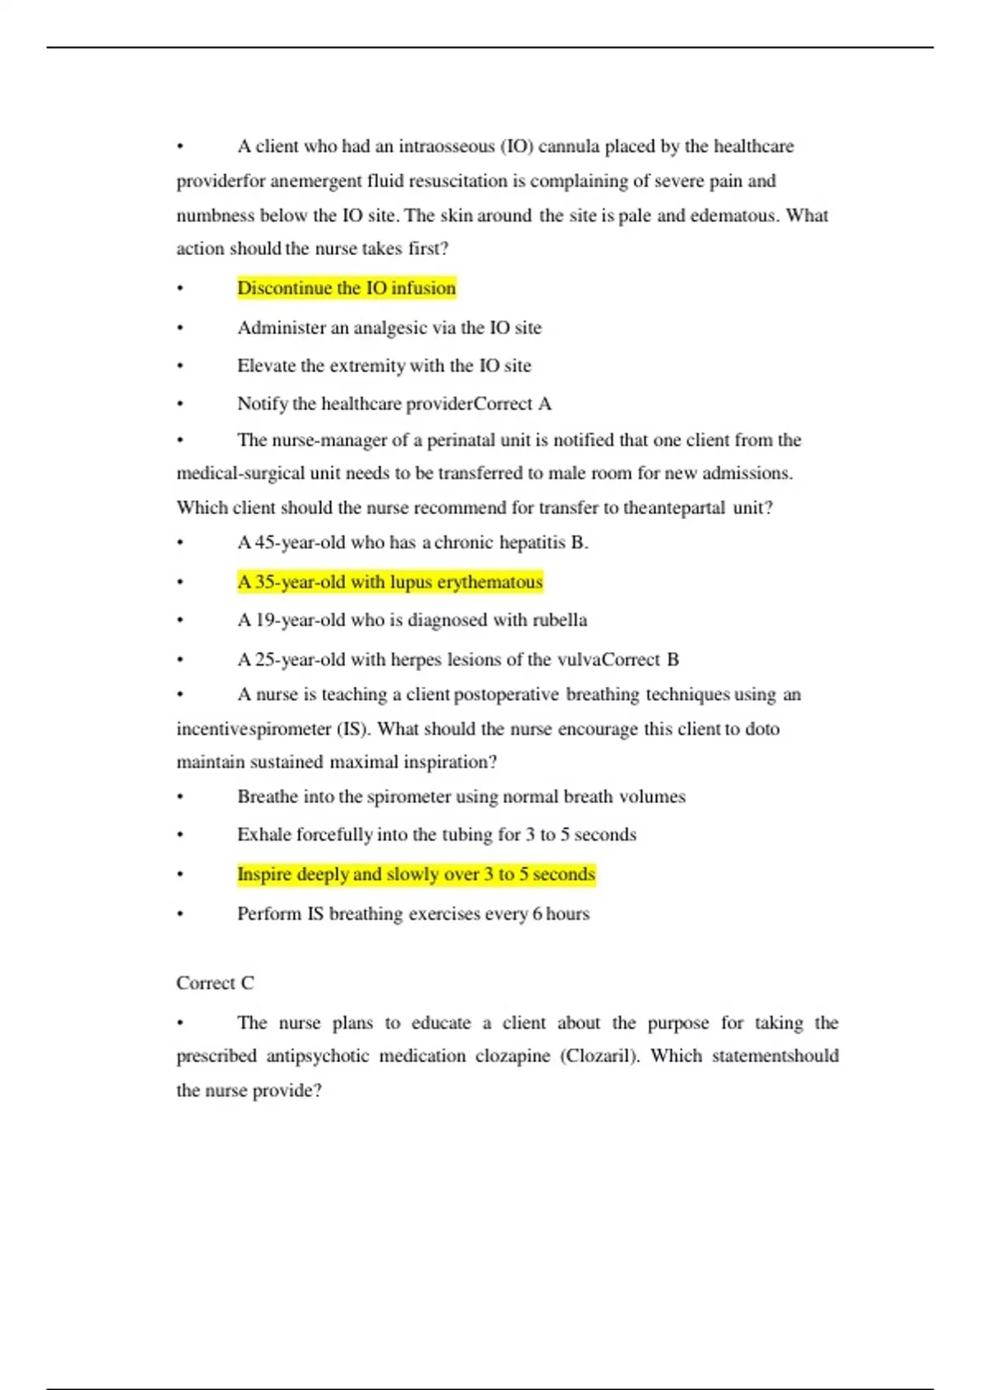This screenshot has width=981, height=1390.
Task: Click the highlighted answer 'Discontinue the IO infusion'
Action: click(x=346, y=288)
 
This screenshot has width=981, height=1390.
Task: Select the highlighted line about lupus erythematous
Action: click(x=390, y=582)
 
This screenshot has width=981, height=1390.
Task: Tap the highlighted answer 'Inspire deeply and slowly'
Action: click(x=415, y=874)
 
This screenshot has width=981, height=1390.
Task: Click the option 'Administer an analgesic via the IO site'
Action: click(x=389, y=328)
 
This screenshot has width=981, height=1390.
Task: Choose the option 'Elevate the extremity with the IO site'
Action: click(x=383, y=365)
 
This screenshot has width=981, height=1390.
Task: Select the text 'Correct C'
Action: click(x=215, y=983)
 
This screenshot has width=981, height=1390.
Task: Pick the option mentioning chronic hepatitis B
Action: click(x=412, y=542)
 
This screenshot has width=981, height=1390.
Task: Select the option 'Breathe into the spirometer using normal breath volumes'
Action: click(x=461, y=796)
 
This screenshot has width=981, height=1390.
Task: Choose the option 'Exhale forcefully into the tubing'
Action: click(x=436, y=835)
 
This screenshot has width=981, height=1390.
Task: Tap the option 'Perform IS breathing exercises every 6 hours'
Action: click(x=413, y=913)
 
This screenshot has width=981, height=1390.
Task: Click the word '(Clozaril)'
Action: click(x=599, y=1056)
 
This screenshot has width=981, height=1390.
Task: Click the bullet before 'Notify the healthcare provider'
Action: click(x=180, y=404)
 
